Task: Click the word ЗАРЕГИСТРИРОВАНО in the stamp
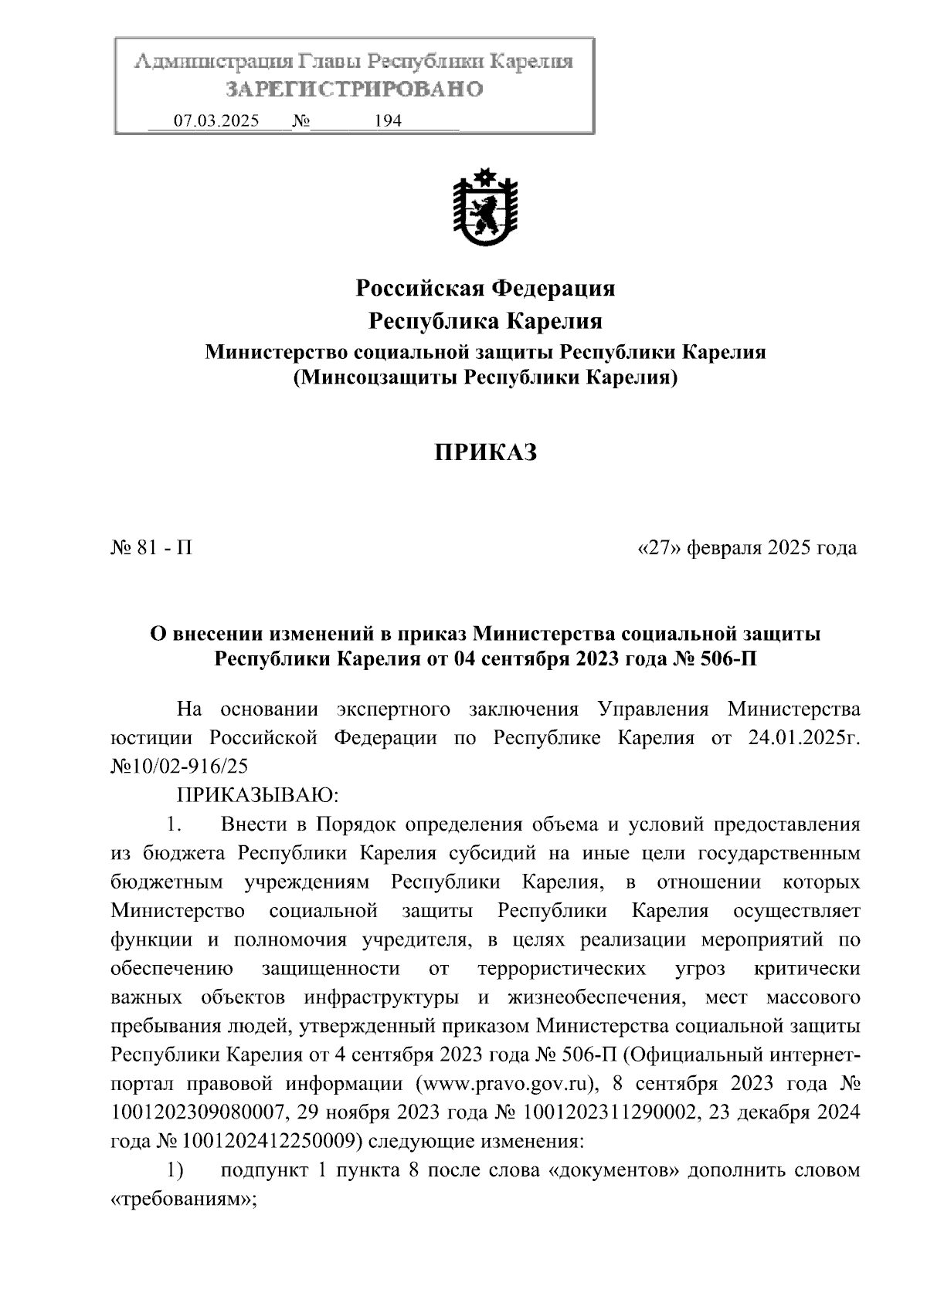tap(354, 90)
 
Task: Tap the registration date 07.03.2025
tap(216, 121)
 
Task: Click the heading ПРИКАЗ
tap(484, 453)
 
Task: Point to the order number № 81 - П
tap(151, 548)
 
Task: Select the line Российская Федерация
tap(484, 289)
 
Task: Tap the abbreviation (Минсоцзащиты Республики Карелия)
tap(484, 378)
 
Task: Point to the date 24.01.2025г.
tap(803, 737)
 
